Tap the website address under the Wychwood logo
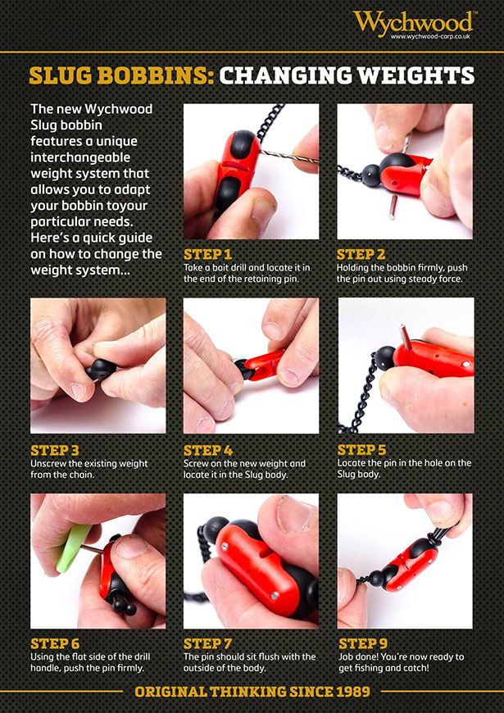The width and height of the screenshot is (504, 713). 430,36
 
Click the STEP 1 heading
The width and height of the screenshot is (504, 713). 207,254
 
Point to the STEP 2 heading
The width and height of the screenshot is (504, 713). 361,254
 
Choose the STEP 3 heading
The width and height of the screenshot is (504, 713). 55,451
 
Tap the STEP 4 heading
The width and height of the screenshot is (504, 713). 208,451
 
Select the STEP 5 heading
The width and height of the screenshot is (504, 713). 361,450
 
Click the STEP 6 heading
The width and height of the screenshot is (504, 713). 55,644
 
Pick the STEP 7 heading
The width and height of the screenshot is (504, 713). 207,644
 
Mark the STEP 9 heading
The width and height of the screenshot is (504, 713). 363,644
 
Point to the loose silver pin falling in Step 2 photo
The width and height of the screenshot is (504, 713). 393,207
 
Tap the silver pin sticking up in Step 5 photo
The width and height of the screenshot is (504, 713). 404,338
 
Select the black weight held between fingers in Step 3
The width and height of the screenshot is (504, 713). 101,370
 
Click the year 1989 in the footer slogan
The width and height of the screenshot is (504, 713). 352,692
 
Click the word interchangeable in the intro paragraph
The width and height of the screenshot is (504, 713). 80,157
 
